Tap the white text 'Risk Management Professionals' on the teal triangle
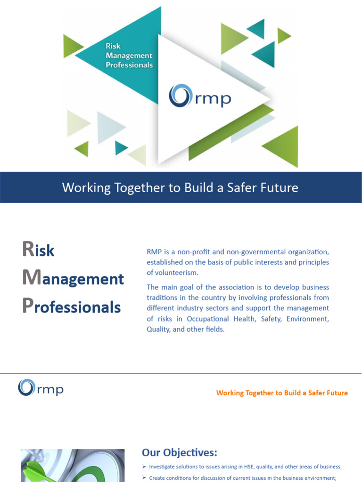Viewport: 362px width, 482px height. tap(129, 56)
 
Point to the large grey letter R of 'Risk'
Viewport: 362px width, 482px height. tap(27, 249)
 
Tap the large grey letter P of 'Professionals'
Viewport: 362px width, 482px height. tap(27, 306)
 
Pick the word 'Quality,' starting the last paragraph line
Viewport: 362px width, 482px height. tap(159, 329)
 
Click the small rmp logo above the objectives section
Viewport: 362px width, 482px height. tap(41, 388)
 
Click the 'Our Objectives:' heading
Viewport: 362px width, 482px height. tap(180, 452)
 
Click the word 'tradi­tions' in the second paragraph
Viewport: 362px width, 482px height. tap(163, 298)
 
